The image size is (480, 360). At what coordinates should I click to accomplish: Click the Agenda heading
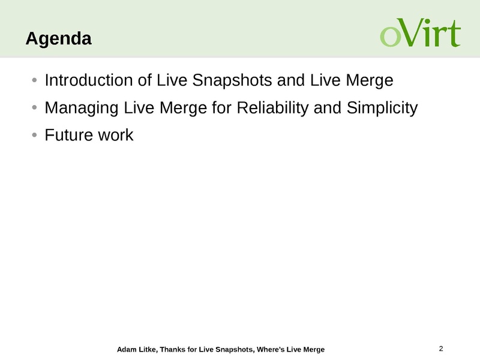click(58, 39)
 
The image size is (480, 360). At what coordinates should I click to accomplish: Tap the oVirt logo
click(421, 32)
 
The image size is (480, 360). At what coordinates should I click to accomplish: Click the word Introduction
click(88, 80)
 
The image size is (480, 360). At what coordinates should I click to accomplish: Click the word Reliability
click(273, 109)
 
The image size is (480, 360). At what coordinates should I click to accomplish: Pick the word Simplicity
click(382, 109)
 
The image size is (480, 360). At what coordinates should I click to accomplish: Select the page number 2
click(441, 349)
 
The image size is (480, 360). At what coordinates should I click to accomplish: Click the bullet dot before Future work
click(34, 135)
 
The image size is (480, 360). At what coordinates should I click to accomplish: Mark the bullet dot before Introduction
click(34, 80)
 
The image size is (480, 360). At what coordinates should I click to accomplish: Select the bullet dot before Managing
click(34, 108)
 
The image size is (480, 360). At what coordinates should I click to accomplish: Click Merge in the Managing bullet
click(183, 109)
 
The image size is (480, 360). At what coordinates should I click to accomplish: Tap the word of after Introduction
click(145, 80)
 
